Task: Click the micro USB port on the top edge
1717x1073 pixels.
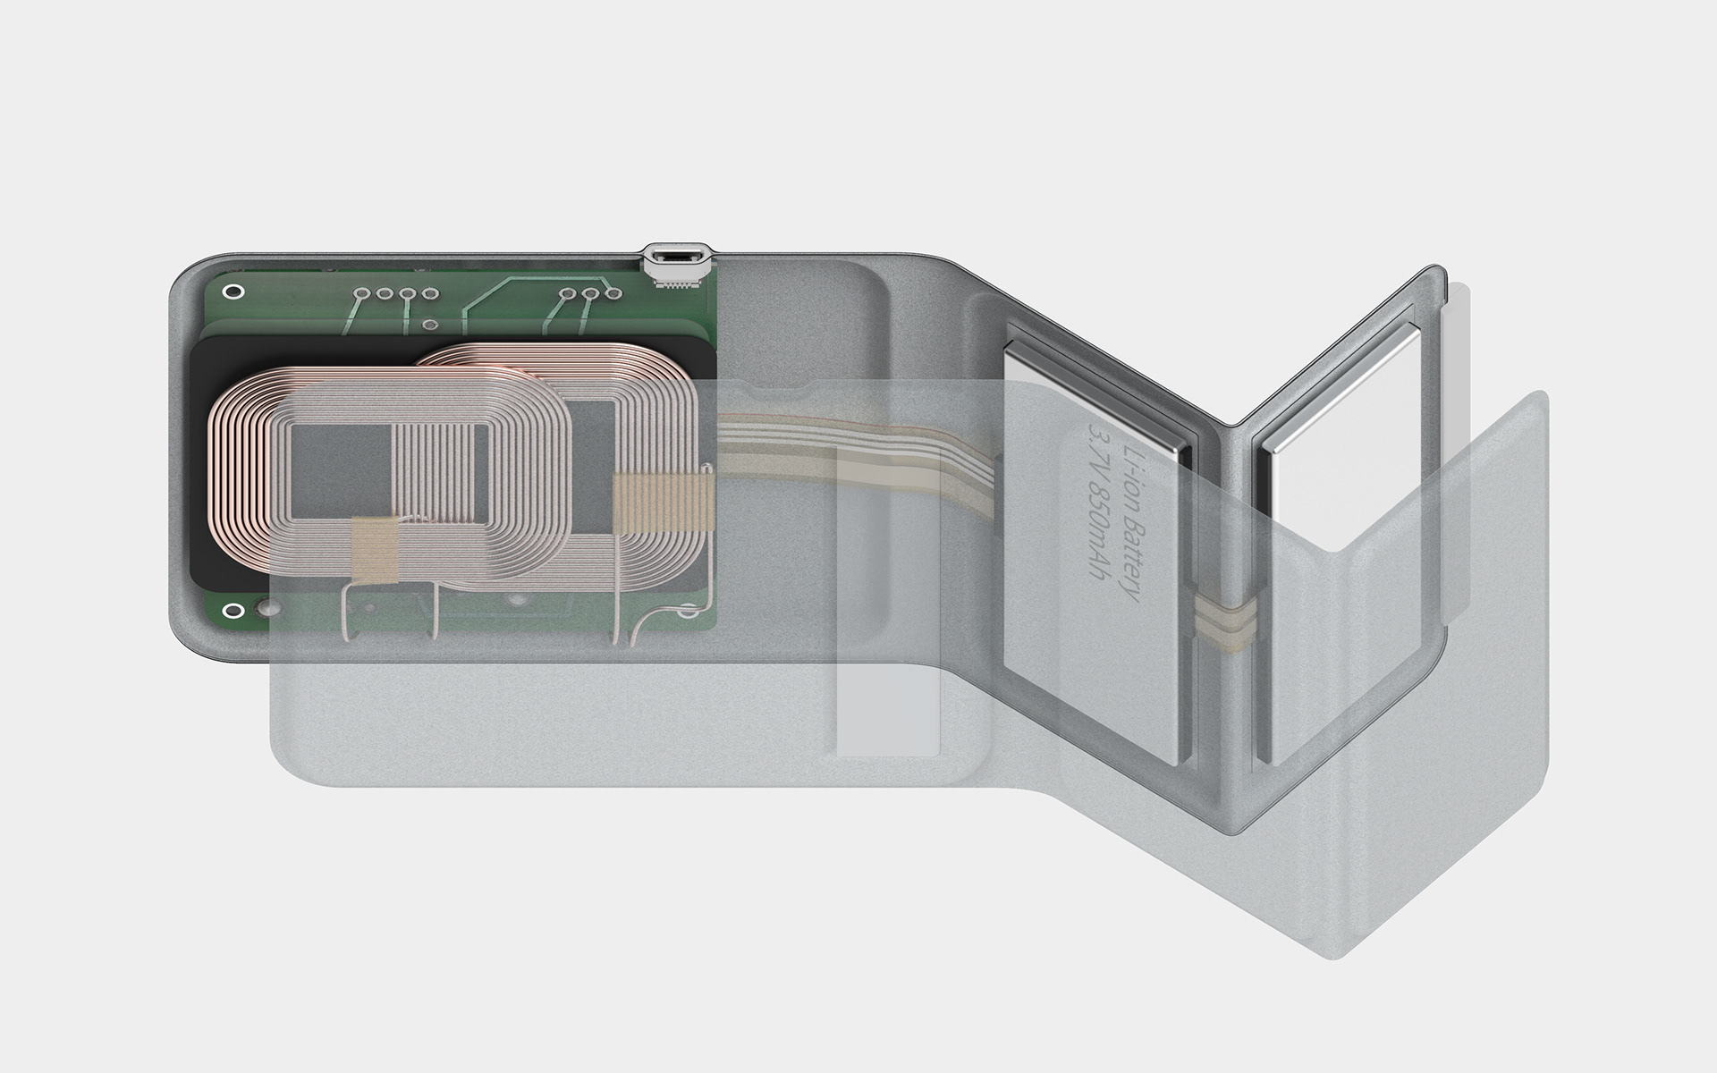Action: pos(676,257)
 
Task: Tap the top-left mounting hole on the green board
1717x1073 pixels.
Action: pos(233,292)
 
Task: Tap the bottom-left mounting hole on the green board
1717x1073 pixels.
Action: pos(233,612)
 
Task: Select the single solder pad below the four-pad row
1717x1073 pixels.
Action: pos(430,325)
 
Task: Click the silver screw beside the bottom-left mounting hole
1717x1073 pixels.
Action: pos(266,611)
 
